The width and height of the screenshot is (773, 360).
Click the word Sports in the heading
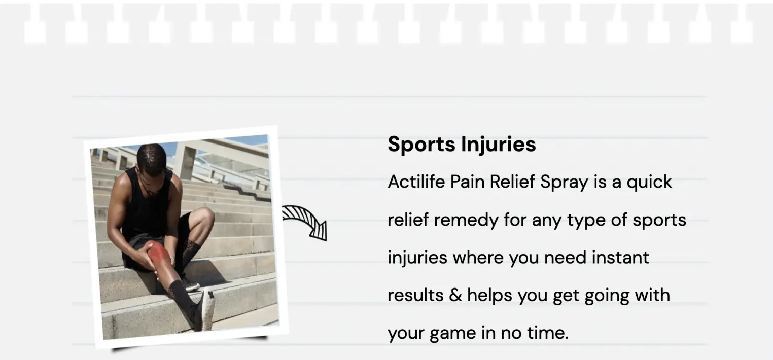[421, 144]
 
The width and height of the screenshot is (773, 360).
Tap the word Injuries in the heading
[499, 144]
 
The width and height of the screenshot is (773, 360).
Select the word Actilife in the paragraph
[416, 182]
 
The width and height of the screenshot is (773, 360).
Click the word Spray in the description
[564, 183]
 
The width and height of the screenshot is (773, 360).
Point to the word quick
[649, 183]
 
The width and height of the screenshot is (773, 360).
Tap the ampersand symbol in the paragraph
[455, 295]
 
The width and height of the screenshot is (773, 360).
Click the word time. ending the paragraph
[548, 333]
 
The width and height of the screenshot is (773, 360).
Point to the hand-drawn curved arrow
[305, 221]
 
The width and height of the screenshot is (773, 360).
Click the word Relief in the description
[512, 182]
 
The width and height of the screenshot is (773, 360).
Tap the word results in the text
[415, 296]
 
